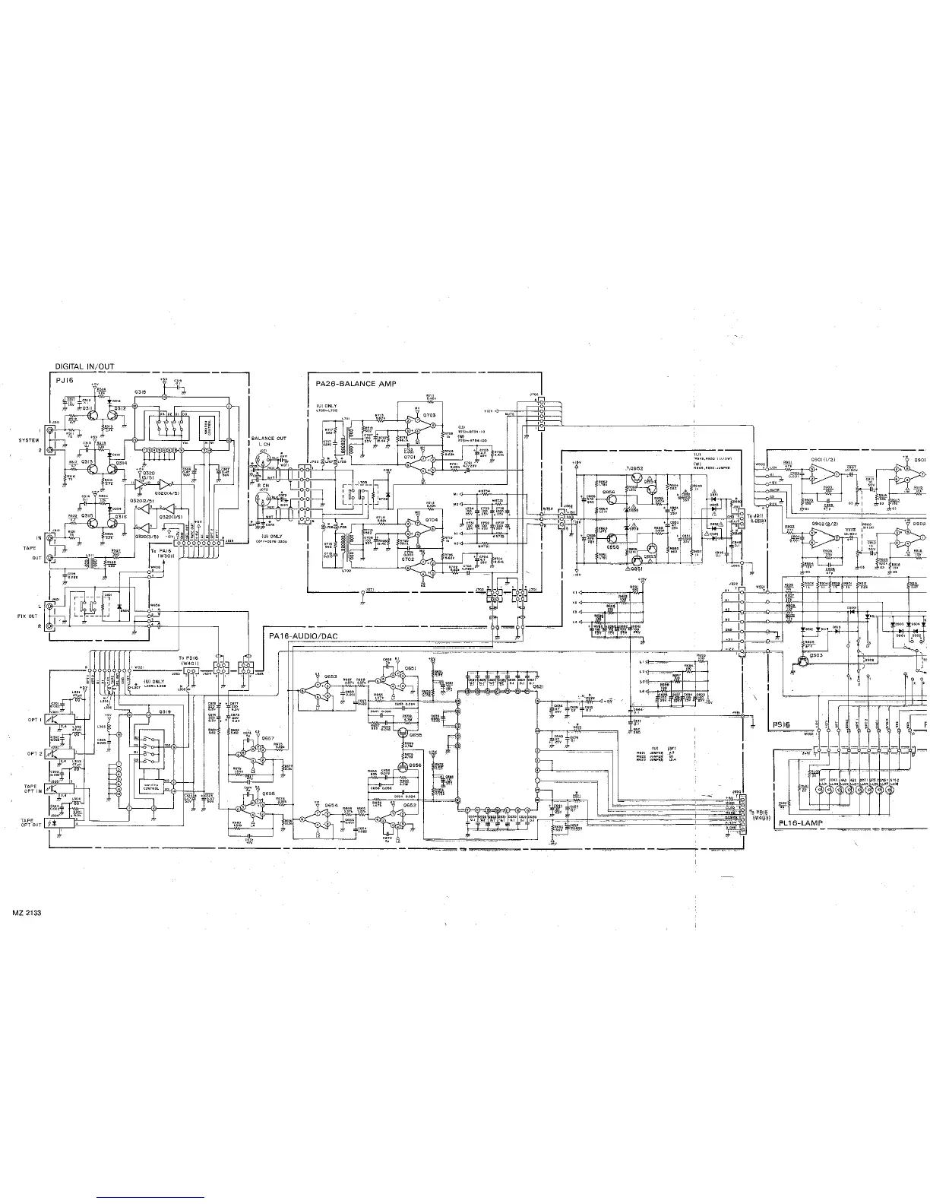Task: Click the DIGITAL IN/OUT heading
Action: (x=84, y=366)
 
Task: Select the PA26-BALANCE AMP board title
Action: (x=362, y=384)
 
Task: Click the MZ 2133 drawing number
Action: (x=26, y=912)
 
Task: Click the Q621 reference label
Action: (x=537, y=686)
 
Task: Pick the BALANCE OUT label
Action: (x=269, y=439)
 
